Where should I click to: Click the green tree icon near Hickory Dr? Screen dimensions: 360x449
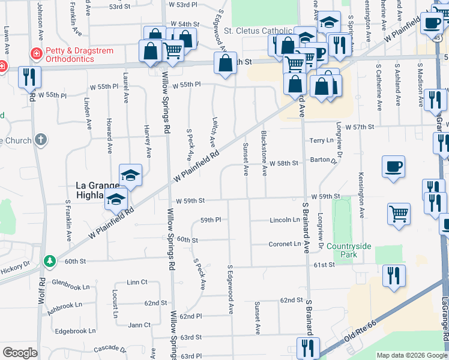tap(50, 262)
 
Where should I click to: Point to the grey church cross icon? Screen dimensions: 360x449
tap(41, 140)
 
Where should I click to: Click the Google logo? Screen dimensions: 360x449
tap(20, 353)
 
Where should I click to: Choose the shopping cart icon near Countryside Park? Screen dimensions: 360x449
tap(399, 214)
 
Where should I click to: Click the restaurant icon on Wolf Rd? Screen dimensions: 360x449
tap(28, 77)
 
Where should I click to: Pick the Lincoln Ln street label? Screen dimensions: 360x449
tap(285, 220)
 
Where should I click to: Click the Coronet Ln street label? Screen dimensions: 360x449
tap(285, 244)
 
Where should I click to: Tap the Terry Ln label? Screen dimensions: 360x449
tap(321, 139)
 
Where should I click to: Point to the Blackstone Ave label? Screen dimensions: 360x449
tap(264, 153)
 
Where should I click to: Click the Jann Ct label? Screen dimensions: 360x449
tap(139, 325)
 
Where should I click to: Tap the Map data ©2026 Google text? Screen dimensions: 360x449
tap(411, 355)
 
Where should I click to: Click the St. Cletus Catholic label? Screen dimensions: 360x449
tap(259, 31)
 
